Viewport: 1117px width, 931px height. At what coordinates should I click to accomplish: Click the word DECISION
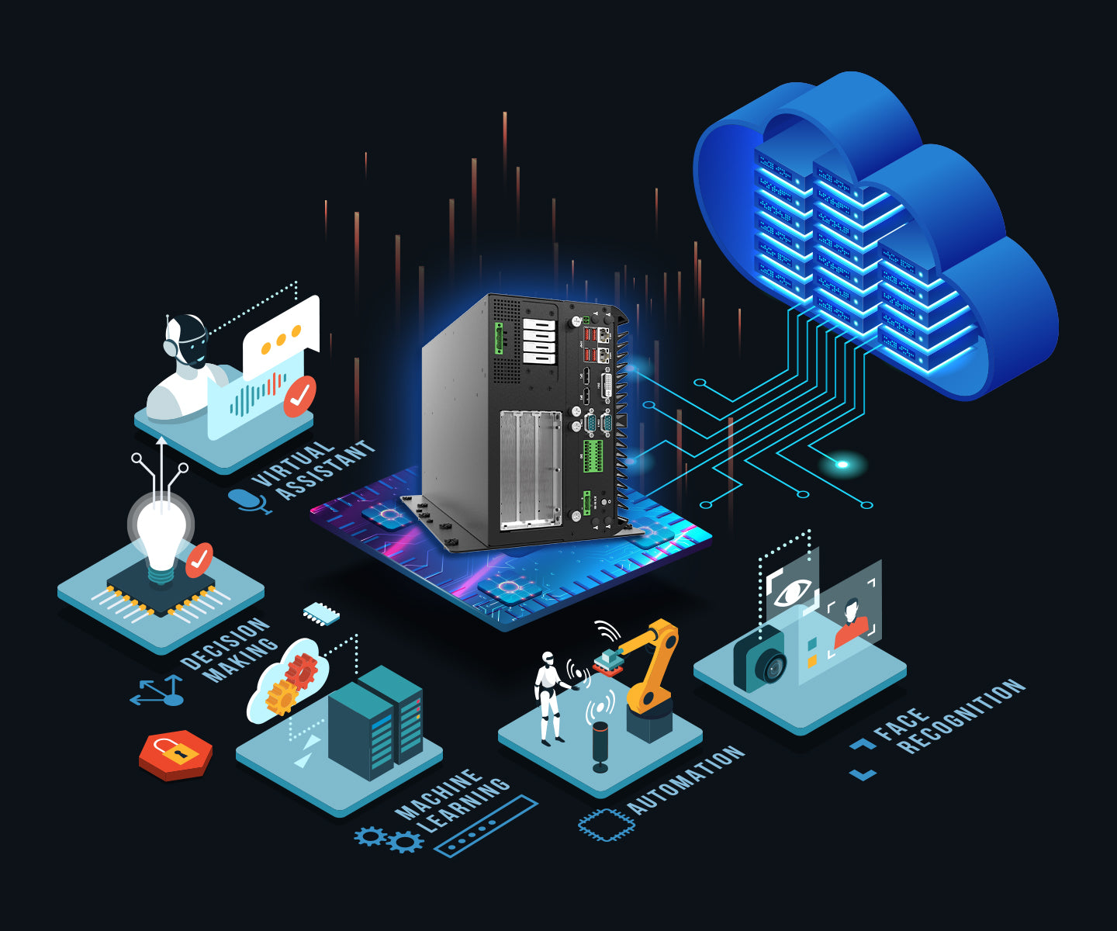pos(225,643)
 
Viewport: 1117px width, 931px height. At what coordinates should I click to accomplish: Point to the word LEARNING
pos(463,805)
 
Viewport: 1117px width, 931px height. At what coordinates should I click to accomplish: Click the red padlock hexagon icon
pos(175,755)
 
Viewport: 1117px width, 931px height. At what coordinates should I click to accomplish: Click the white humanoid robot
pos(549,697)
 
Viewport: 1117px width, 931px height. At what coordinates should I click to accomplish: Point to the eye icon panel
pos(792,587)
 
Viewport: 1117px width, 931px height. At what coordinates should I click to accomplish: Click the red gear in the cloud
pos(302,671)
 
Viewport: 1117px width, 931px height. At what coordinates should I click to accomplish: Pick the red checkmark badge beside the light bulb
pos(199,560)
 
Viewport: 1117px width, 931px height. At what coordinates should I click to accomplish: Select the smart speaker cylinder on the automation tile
pos(600,746)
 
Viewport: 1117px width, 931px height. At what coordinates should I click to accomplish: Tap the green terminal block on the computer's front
pos(592,456)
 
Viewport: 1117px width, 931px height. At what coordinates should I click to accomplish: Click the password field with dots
pos(486,826)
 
